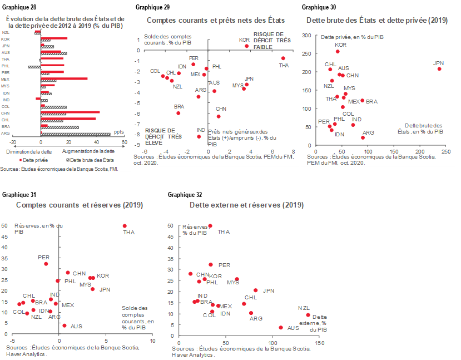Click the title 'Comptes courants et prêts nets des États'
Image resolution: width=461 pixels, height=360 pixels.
214,20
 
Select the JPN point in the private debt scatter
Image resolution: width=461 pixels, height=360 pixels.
439,68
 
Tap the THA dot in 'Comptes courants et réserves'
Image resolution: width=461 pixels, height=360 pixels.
125,226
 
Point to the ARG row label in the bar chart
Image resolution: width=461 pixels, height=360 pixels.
6,134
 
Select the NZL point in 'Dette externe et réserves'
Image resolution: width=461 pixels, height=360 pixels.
308,315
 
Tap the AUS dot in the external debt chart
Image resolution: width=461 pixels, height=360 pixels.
281,328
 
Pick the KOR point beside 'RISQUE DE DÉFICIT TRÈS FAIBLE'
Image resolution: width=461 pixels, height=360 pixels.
247,46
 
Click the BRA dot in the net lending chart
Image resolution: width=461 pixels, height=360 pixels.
178,113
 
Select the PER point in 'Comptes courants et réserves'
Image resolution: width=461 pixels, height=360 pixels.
46,264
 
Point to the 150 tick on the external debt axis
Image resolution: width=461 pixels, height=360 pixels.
320,343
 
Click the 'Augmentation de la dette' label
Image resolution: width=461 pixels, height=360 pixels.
88,151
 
